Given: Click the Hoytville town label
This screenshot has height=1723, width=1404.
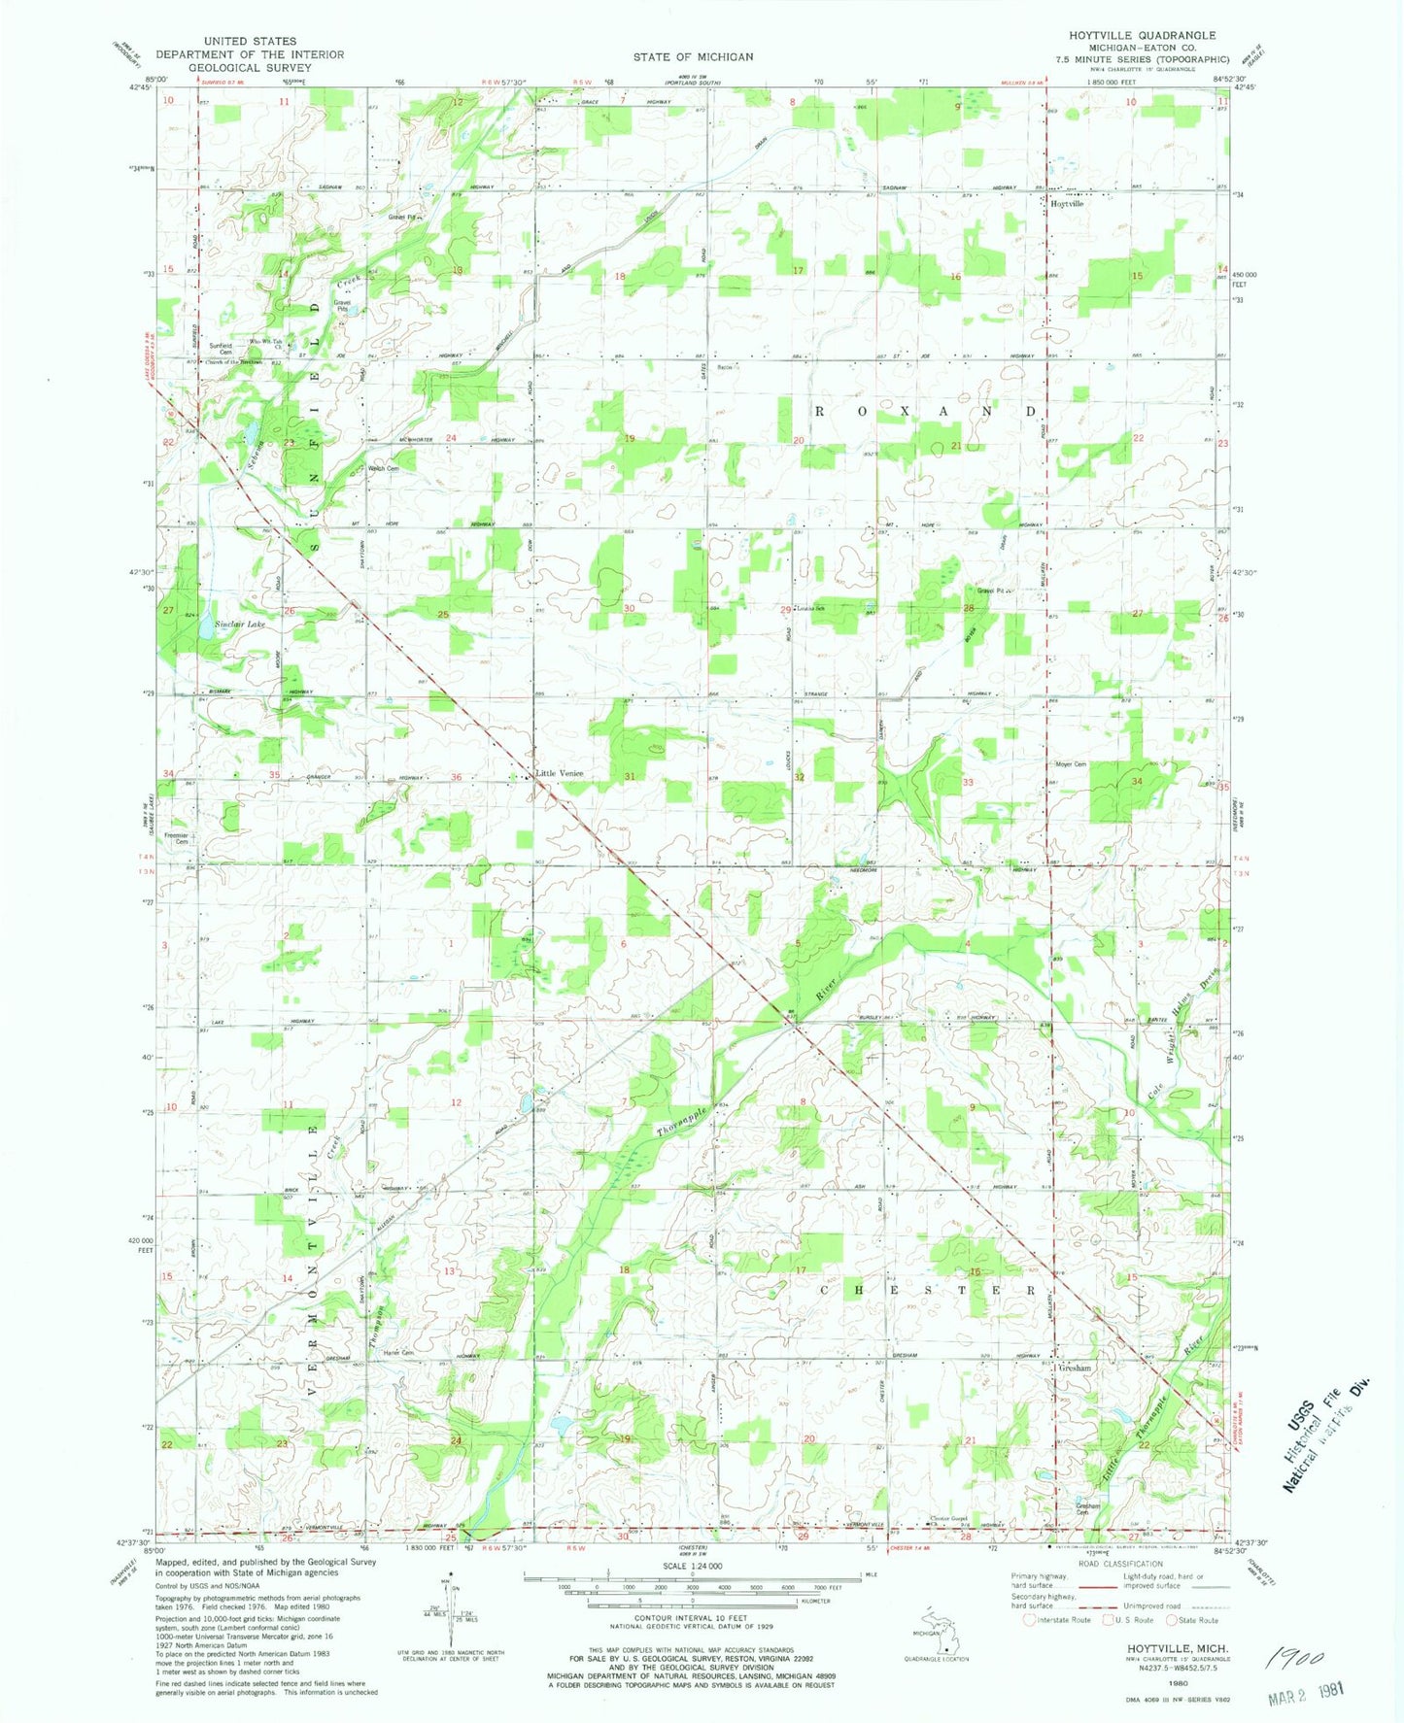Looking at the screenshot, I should tap(1067, 204).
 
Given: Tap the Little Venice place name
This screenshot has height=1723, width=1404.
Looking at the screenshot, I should tap(560, 773).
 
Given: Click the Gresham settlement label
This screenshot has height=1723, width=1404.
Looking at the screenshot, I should tap(1075, 1368).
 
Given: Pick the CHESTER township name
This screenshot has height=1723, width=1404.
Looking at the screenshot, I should tap(932, 1291).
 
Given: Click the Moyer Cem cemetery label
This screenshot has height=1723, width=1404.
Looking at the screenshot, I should tap(1070, 764).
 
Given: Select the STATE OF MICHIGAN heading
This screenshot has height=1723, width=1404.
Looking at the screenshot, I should tap(693, 57).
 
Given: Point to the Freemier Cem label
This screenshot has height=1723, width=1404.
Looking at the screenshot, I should tap(176, 837).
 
